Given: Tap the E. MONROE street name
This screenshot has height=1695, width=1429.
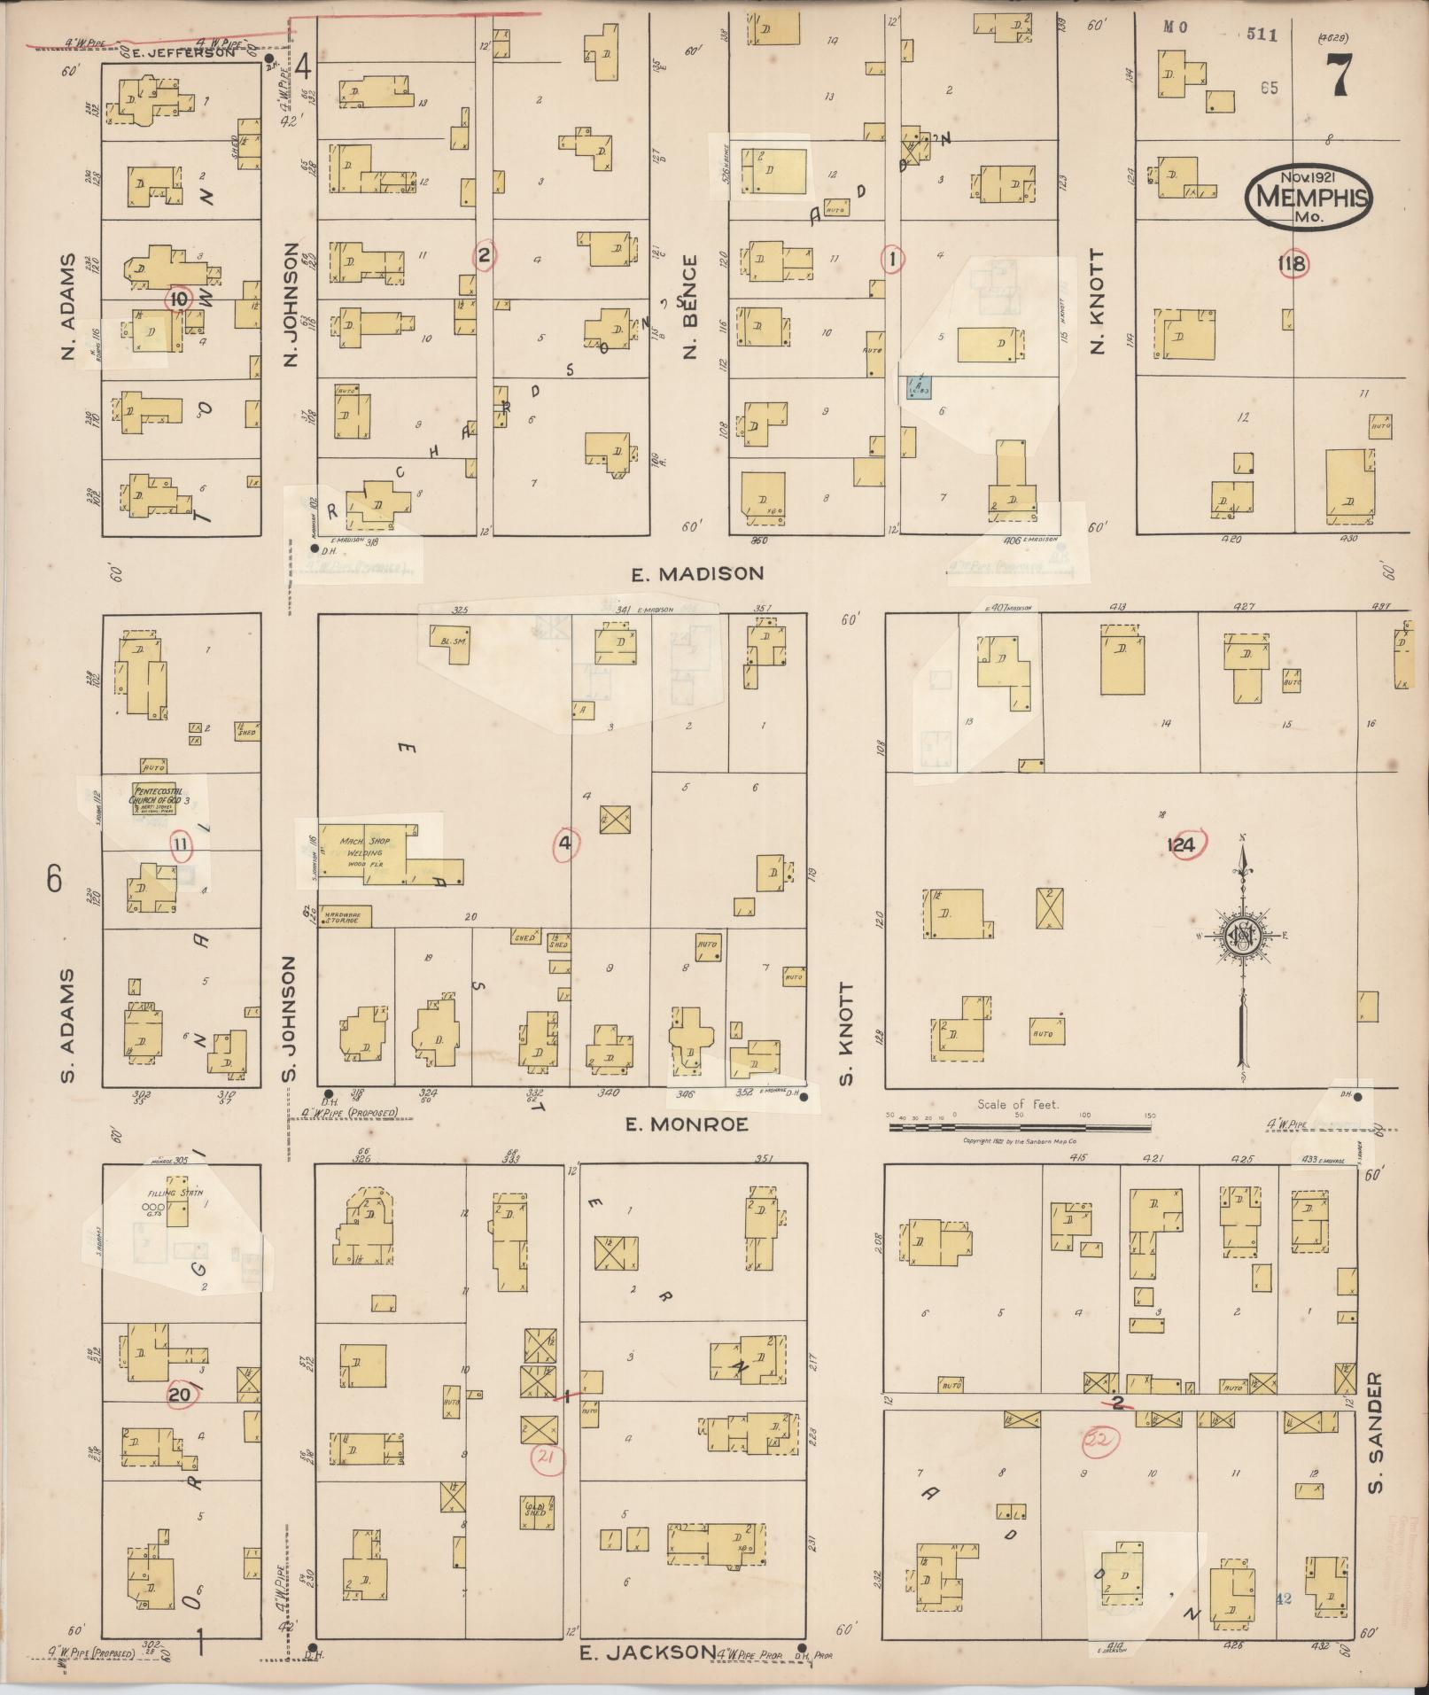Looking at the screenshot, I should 687,1124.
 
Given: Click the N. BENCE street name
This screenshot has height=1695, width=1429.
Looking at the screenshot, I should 690,307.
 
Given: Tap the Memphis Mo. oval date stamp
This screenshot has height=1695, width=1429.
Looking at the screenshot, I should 1307,197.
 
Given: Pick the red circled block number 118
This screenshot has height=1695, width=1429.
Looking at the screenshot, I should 1293,263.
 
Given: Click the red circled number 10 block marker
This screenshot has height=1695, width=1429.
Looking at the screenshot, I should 179,299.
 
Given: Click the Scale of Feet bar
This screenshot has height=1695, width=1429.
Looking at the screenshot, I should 1019,1128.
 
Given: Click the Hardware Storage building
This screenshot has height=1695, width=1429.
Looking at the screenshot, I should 346,916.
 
